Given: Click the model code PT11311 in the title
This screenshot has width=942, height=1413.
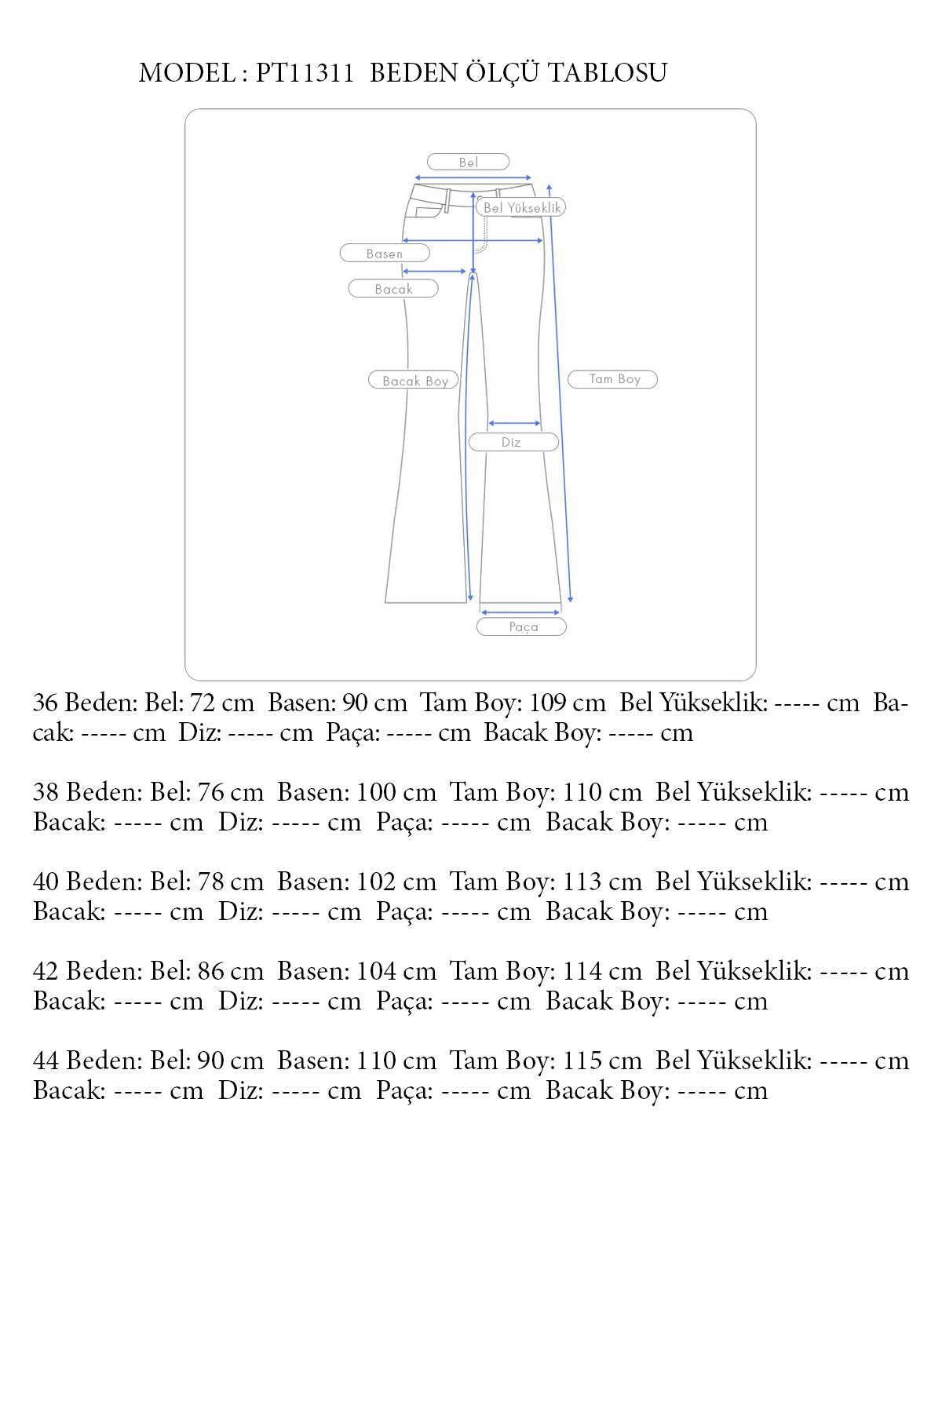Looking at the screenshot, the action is (x=304, y=73).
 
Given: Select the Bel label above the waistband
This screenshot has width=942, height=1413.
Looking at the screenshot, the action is (x=469, y=162).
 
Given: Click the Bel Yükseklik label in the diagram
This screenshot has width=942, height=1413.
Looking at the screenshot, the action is (x=521, y=207).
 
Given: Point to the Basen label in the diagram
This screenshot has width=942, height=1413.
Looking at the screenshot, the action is (x=385, y=254).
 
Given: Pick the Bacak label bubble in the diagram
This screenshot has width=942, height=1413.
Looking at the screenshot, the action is (x=393, y=289).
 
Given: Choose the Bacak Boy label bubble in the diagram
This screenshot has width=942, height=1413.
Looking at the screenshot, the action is (x=414, y=381).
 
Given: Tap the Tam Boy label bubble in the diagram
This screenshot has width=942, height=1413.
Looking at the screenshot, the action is (x=613, y=379).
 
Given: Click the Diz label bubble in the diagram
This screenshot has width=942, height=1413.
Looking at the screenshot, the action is (x=513, y=442).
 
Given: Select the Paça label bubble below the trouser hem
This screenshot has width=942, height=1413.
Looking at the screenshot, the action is (x=522, y=626).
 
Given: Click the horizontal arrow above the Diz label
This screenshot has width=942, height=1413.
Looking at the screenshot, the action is (x=515, y=423).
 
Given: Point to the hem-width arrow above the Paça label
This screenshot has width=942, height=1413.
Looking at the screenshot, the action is (x=520, y=612).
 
